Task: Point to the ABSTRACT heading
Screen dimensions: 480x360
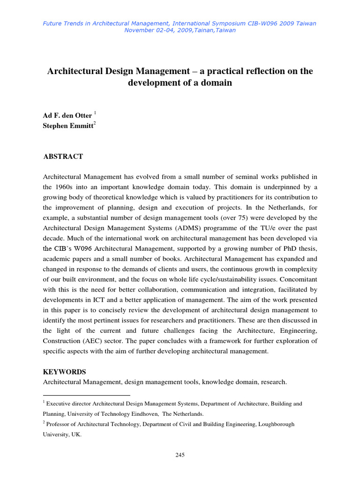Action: click(63, 157)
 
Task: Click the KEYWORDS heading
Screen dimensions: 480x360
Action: click(65, 372)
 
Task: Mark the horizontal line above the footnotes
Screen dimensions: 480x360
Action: click(86, 395)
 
